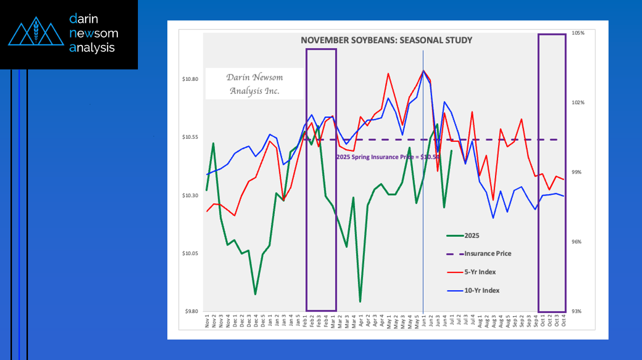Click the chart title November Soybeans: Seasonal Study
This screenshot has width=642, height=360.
point(386,40)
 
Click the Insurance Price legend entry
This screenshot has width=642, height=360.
point(488,254)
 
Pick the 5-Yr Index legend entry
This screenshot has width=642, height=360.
point(480,272)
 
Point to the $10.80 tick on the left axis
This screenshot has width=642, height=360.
point(190,79)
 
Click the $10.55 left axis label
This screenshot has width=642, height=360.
point(190,137)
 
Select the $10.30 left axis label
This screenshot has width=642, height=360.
point(190,196)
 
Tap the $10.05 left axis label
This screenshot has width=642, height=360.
point(190,254)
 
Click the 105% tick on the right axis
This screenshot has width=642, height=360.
point(578,33)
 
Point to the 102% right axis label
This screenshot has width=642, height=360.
point(578,103)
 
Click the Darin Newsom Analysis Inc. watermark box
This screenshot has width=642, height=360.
point(254,84)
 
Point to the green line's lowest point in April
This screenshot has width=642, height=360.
point(360,302)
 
